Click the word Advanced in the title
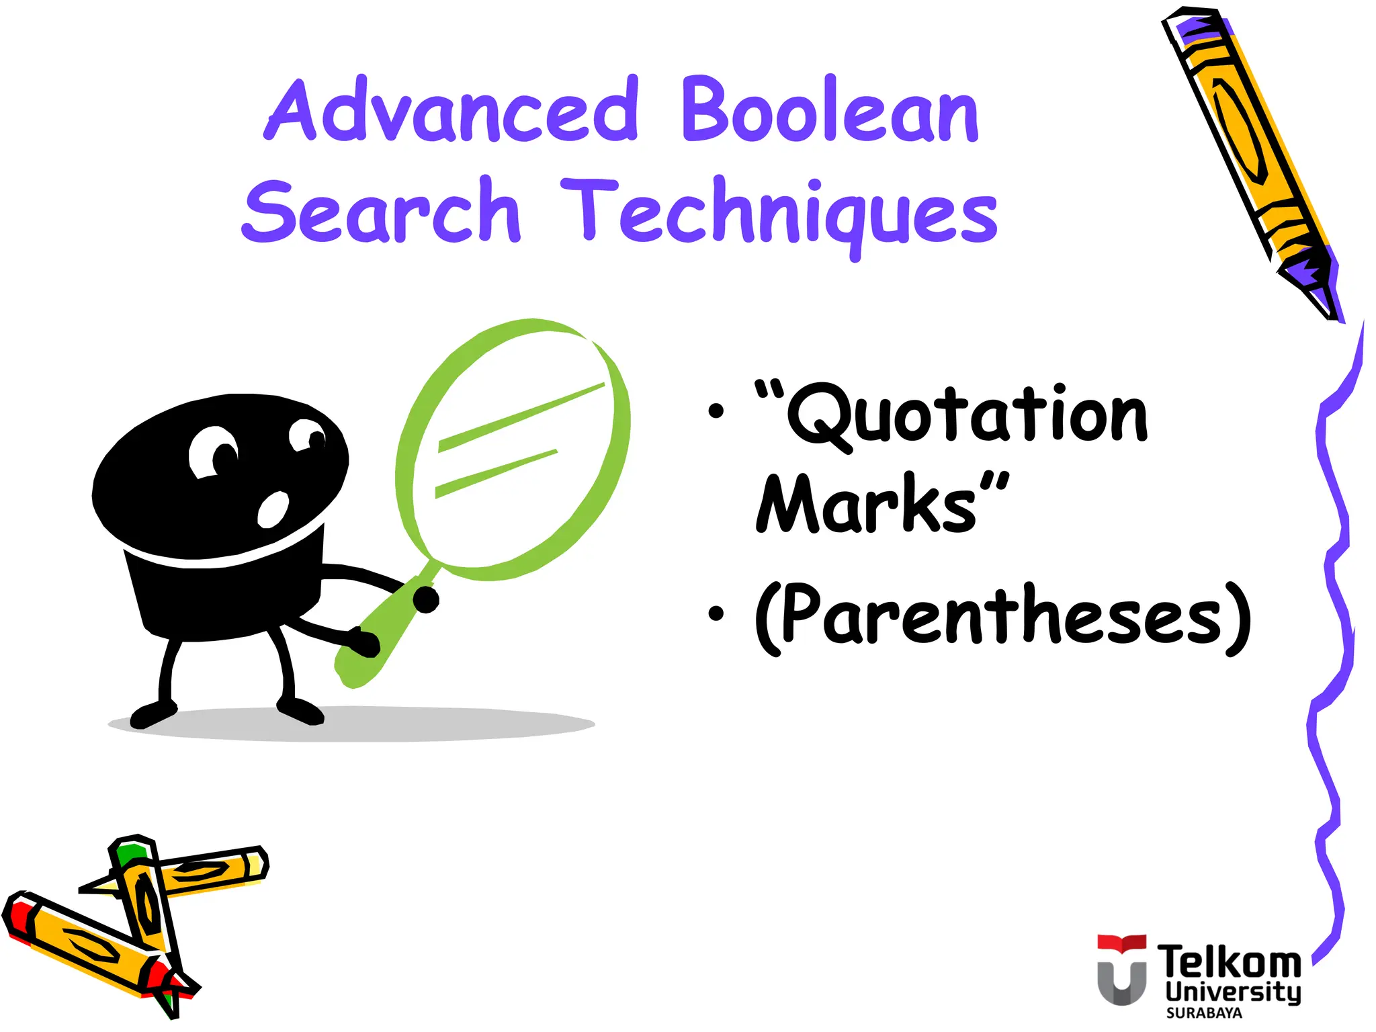[x=451, y=111]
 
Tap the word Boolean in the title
[x=830, y=111]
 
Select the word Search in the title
[x=381, y=212]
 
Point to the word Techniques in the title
[x=779, y=214]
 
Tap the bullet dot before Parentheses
[x=716, y=613]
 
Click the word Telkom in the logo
[x=1228, y=963]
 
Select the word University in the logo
[x=1233, y=992]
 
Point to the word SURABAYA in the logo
[x=1204, y=1013]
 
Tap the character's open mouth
[x=273, y=509]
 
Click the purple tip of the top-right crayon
[x=1310, y=282]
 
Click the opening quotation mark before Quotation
[x=769, y=390]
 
